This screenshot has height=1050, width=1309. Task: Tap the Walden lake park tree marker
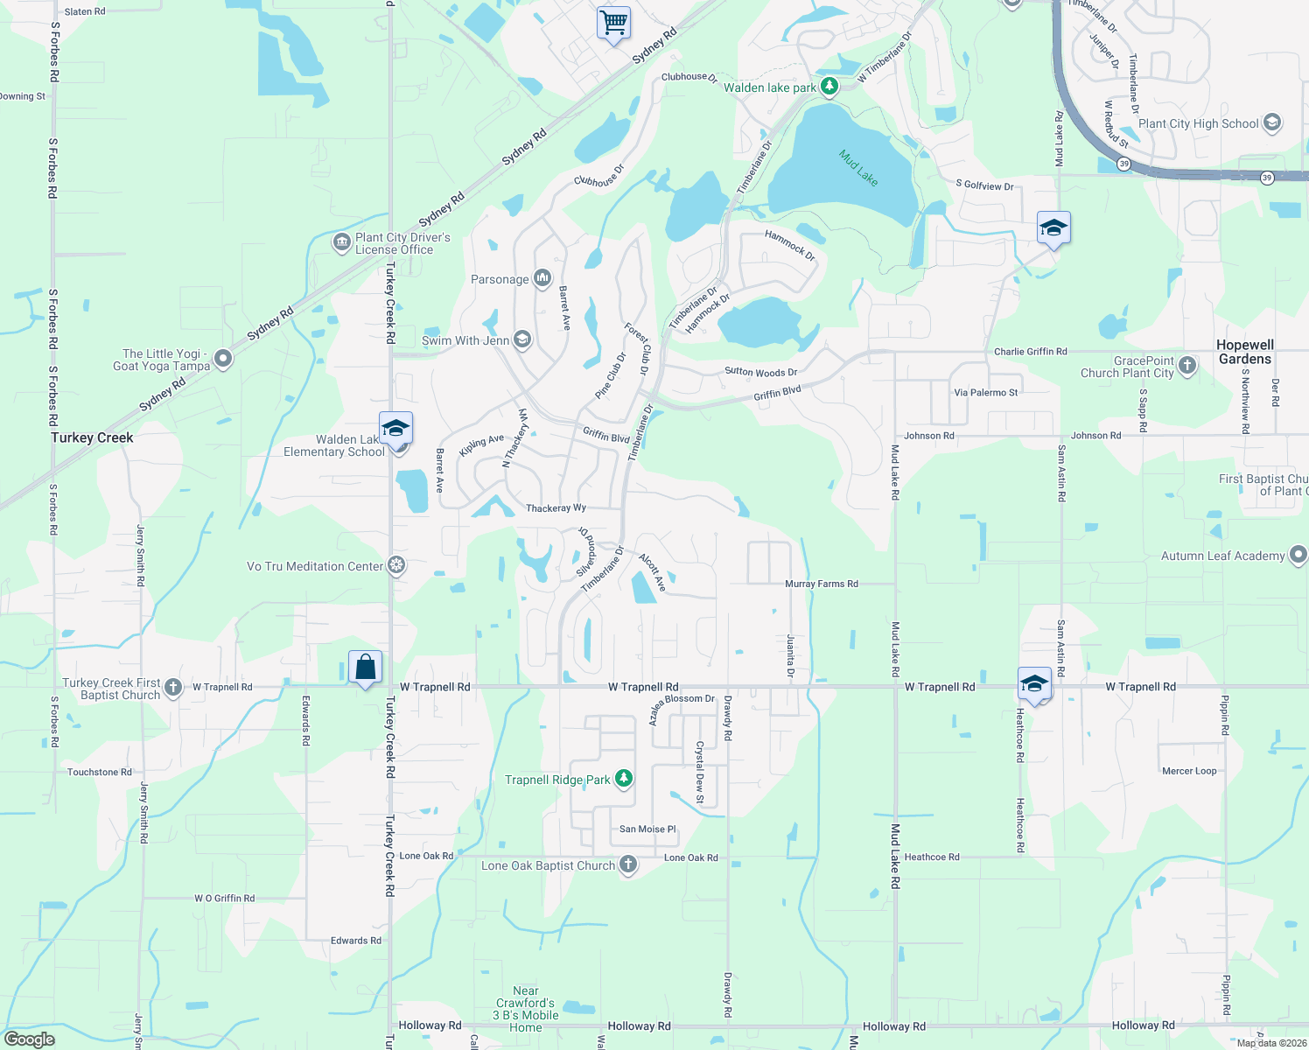pos(829,87)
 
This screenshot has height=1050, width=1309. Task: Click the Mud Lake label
pos(857,167)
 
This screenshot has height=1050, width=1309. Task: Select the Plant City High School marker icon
pos(1272,123)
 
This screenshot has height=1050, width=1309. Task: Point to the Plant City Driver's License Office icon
pos(341,242)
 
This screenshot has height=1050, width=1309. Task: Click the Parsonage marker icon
pos(542,279)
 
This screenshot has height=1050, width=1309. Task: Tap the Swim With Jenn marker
pos(522,339)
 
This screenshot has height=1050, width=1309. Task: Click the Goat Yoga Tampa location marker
pos(223,359)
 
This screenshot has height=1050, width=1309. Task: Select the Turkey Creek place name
pos(92,437)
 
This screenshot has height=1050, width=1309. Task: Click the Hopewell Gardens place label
pos(1245,352)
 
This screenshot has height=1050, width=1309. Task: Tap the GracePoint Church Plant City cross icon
pos(1187,366)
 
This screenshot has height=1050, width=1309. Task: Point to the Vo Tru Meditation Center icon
pos(396,566)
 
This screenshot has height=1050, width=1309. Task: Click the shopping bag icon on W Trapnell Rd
pos(366,668)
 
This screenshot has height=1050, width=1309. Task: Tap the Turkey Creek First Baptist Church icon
pos(173,688)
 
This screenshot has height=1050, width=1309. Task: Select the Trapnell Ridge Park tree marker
pos(623,778)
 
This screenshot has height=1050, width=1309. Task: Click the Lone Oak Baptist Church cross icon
pos(627,865)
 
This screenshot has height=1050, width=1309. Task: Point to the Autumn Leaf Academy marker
pos(1298,555)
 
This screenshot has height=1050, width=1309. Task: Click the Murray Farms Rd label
pos(821,584)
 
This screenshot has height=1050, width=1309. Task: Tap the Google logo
pos(29,1039)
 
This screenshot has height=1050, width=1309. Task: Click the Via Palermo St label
pos(985,393)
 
